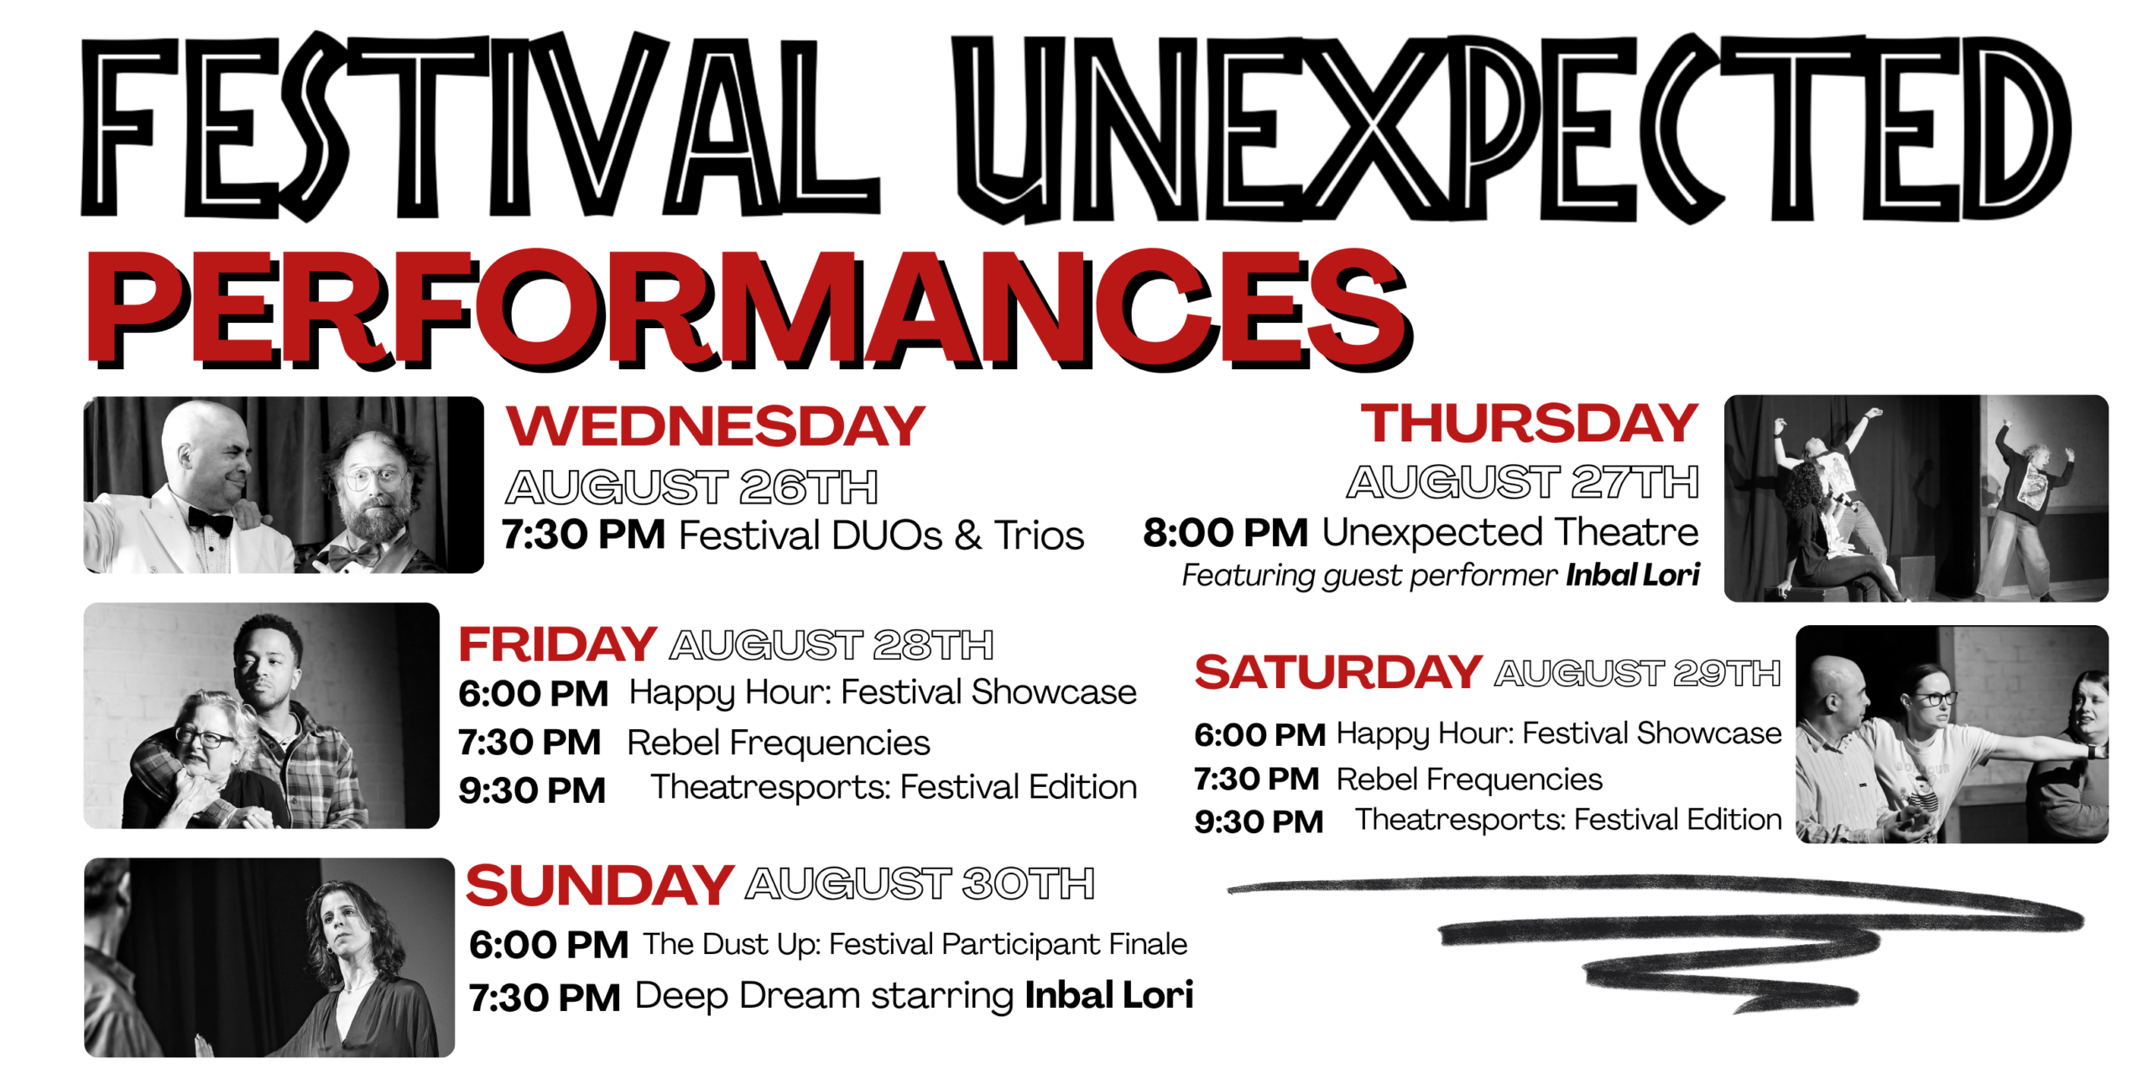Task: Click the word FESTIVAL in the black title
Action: click(x=480, y=126)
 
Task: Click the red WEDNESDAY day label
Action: click(x=715, y=425)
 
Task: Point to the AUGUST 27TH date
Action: click(x=1523, y=482)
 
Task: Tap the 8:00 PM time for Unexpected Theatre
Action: click(x=1225, y=533)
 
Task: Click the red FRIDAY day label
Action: click(x=557, y=644)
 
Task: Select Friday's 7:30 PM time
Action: click(x=529, y=742)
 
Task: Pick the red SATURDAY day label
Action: click(x=1338, y=671)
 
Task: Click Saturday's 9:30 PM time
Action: click(x=1259, y=821)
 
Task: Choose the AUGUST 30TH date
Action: click(x=920, y=884)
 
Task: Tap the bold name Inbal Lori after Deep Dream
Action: click(x=1108, y=995)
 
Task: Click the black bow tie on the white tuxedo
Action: click(x=210, y=521)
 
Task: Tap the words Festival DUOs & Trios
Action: click(x=881, y=535)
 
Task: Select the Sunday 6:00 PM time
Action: click(x=549, y=945)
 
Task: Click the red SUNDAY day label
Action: click(x=600, y=884)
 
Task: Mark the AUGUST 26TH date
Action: click(x=691, y=487)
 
